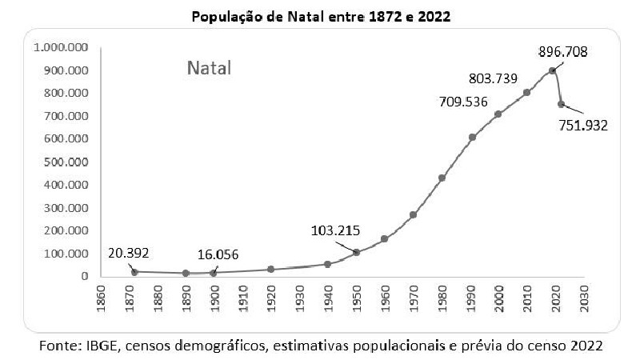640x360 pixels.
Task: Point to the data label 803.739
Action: (x=493, y=78)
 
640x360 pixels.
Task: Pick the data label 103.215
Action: (x=336, y=230)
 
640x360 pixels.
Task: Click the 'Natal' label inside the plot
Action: (x=209, y=68)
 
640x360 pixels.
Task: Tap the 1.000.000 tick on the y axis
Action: (x=61, y=47)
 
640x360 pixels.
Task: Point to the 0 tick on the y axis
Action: (x=84, y=276)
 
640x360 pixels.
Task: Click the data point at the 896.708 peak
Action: (x=552, y=70)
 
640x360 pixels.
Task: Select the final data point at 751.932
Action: (x=561, y=104)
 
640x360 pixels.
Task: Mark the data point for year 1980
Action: (x=442, y=178)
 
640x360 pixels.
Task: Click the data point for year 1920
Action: (x=271, y=269)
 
